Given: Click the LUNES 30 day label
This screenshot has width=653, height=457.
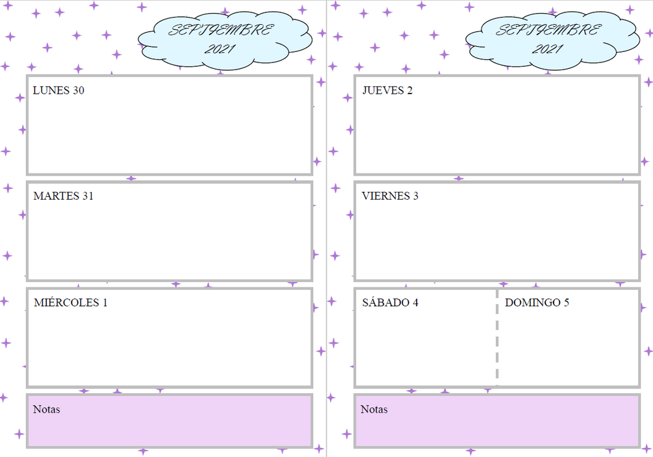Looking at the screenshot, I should coord(58,91).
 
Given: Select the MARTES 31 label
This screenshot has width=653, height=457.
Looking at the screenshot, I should coord(63,196).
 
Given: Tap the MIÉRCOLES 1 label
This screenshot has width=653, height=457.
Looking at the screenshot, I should coord(70,303).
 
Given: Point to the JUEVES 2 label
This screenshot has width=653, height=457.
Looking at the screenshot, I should coord(387,91).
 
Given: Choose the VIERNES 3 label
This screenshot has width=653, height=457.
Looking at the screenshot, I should coord(390,196).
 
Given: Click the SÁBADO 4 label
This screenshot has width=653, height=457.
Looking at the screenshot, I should coord(390,303).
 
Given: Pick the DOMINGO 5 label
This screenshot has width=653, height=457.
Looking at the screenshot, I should coord(537,303).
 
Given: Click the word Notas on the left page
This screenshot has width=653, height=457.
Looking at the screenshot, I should coord(46,410).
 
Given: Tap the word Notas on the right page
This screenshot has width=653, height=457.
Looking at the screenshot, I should coord(374,410).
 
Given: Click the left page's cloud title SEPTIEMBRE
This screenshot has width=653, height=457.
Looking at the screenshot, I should coord(221,30).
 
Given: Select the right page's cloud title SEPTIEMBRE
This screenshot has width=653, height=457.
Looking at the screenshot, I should coord(548,30).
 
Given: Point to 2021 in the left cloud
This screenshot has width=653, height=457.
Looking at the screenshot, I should coord(220,49).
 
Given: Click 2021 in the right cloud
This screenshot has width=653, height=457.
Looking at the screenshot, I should coord(548,49).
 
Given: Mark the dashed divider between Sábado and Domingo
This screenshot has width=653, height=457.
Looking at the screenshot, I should coord(497,338).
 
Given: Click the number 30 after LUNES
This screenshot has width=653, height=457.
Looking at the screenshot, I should coord(78,91).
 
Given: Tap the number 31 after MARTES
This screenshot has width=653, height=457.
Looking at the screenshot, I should coord(88,196).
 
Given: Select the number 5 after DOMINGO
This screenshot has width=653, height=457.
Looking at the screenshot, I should coord(566,303).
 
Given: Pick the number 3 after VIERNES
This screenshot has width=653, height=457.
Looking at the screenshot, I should coord(415,196).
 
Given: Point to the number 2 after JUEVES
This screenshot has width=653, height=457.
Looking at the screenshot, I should coord(409,91).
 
